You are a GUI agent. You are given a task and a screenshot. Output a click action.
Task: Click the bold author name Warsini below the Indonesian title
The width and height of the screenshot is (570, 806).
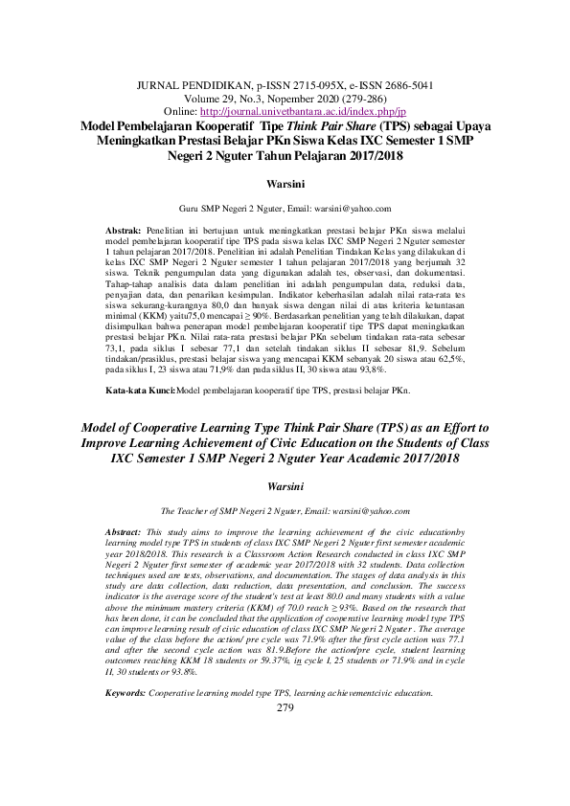pos(284,180)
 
